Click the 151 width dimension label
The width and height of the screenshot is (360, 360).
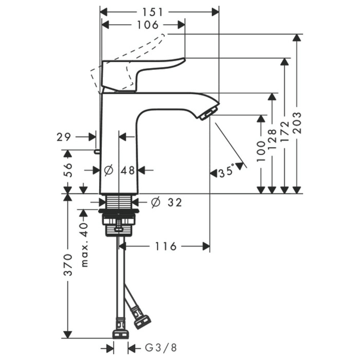pyautogui.click(x=153, y=12)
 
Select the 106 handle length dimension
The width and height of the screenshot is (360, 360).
pyautogui.click(x=148, y=25)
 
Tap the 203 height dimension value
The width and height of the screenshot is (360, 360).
pyautogui.click(x=297, y=123)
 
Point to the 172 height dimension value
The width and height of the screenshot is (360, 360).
pyautogui.click(x=285, y=131)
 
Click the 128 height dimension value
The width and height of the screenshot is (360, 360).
pyautogui.click(x=272, y=139)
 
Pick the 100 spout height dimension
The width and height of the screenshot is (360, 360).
pyautogui.click(x=261, y=152)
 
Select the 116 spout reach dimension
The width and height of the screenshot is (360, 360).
pyautogui.click(x=166, y=246)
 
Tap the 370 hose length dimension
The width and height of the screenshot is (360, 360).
pyautogui.click(x=68, y=265)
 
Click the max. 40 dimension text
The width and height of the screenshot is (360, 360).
pyautogui.click(x=85, y=245)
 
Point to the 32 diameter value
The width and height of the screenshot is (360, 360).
pyautogui.click(x=175, y=202)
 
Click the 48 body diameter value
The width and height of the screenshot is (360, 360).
pyautogui.click(x=128, y=170)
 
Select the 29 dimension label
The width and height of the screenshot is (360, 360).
pyautogui.click(x=64, y=137)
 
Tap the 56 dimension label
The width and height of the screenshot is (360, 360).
pyautogui.click(x=68, y=170)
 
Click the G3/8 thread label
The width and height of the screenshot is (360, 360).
pyautogui.click(x=161, y=348)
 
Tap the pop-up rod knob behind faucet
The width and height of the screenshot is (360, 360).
pyautogui.click(x=97, y=151)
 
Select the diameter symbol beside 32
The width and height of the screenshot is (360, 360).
pyautogui.click(x=156, y=202)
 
